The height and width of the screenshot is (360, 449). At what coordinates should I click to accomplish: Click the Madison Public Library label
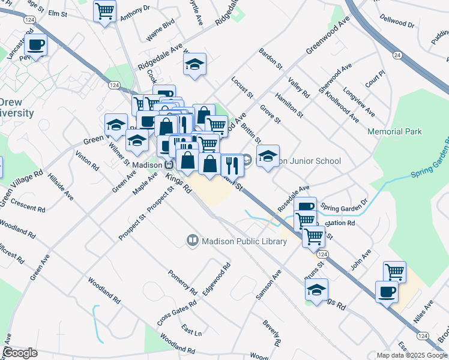[x=244, y=241]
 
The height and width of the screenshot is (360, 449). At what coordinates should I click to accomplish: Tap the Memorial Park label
[x=394, y=131]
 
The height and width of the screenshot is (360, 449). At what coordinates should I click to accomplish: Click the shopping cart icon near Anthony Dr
[x=105, y=10]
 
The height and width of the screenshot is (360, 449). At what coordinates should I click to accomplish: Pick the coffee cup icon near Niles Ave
[x=386, y=292]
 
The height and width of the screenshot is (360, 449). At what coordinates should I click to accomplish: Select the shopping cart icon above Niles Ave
[x=394, y=272]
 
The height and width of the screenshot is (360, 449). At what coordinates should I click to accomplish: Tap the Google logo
[x=20, y=353]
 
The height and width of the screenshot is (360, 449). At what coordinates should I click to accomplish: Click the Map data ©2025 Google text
[x=412, y=355]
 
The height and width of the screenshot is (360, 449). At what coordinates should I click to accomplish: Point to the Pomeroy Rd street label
[x=182, y=281]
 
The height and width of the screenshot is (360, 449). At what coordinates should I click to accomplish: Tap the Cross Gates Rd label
[x=177, y=312]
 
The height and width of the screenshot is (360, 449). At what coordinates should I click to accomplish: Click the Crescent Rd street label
[x=26, y=203]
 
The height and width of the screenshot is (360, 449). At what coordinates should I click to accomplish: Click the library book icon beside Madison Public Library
[x=193, y=241]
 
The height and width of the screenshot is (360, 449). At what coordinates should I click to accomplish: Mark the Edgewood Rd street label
[x=217, y=278]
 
